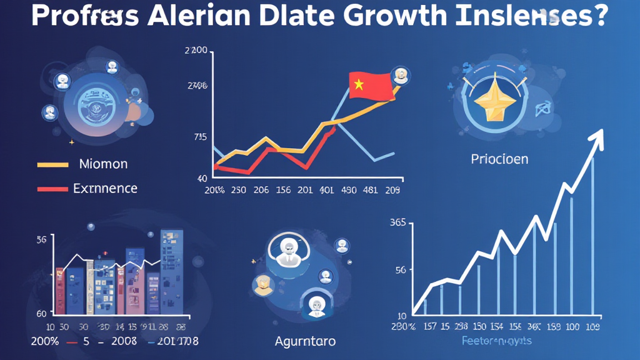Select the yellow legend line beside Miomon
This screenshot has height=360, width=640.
tap(52, 165)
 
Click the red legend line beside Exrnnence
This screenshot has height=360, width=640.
tap(52, 188)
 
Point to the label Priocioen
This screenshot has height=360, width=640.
tap(499, 159)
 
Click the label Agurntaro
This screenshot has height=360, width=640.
tap(305, 341)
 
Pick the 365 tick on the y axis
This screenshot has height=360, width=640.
tap(398, 222)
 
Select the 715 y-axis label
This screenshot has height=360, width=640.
tap(200, 137)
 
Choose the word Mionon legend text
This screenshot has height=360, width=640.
tap(103, 164)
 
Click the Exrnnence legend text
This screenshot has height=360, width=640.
tap(105, 188)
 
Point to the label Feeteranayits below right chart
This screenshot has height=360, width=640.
tap(497, 341)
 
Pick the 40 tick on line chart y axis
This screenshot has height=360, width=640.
tap(202, 178)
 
